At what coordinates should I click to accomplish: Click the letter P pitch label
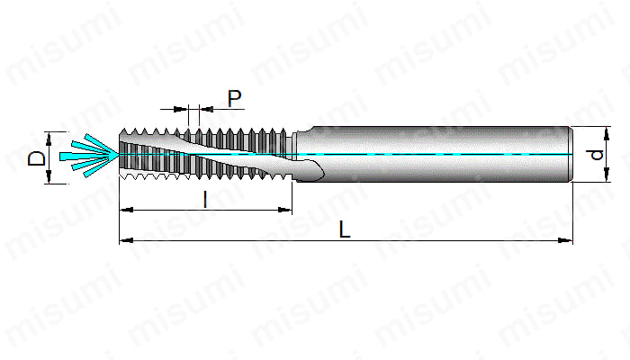point(234,98)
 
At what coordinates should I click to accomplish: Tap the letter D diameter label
point(38,157)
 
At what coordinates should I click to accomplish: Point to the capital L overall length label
point(345,229)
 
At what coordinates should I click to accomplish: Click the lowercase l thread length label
point(205,200)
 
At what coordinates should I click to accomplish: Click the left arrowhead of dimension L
point(127,240)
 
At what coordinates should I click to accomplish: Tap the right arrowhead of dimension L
point(566,240)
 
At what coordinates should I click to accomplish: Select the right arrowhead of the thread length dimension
point(285,210)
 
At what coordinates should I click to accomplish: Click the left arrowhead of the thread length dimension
point(127,210)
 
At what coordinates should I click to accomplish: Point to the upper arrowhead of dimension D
point(49,139)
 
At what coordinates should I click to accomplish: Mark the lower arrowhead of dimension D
point(49,176)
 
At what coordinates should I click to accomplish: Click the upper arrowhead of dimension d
point(607,134)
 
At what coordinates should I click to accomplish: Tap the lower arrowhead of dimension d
point(607,175)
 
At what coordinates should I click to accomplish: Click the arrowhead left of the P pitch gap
point(181,109)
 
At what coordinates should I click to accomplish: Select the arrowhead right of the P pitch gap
point(206,109)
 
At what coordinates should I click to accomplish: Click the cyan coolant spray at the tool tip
point(90,156)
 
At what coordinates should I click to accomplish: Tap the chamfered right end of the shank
point(570,154)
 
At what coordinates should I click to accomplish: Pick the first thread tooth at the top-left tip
point(124,131)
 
